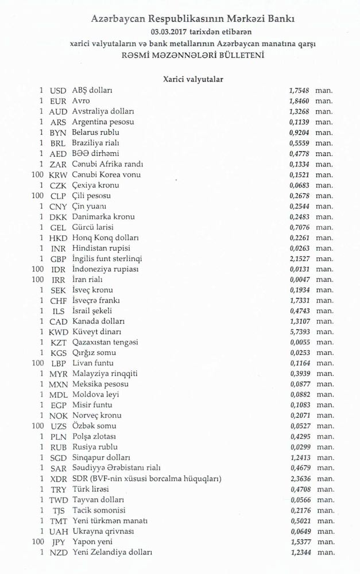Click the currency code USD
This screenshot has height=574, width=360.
pyautogui.click(x=59, y=91)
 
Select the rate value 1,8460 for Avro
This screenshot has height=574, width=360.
pyautogui.click(x=299, y=101)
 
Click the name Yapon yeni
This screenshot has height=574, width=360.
pyautogui.click(x=92, y=541)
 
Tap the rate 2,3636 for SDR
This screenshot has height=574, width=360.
pyautogui.click(x=299, y=479)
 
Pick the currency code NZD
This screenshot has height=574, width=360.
pyautogui.click(x=59, y=552)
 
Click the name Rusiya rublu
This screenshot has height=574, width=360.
pyautogui.click(x=95, y=447)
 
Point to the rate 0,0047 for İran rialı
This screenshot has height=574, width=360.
pyautogui.click(x=299, y=280)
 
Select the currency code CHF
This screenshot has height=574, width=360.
pyautogui.click(x=59, y=300)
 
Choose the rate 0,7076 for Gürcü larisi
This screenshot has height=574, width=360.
pyautogui.click(x=299, y=227)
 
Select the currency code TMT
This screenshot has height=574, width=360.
pyautogui.click(x=59, y=521)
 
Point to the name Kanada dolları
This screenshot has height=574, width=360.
pyautogui.click(x=99, y=321)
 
